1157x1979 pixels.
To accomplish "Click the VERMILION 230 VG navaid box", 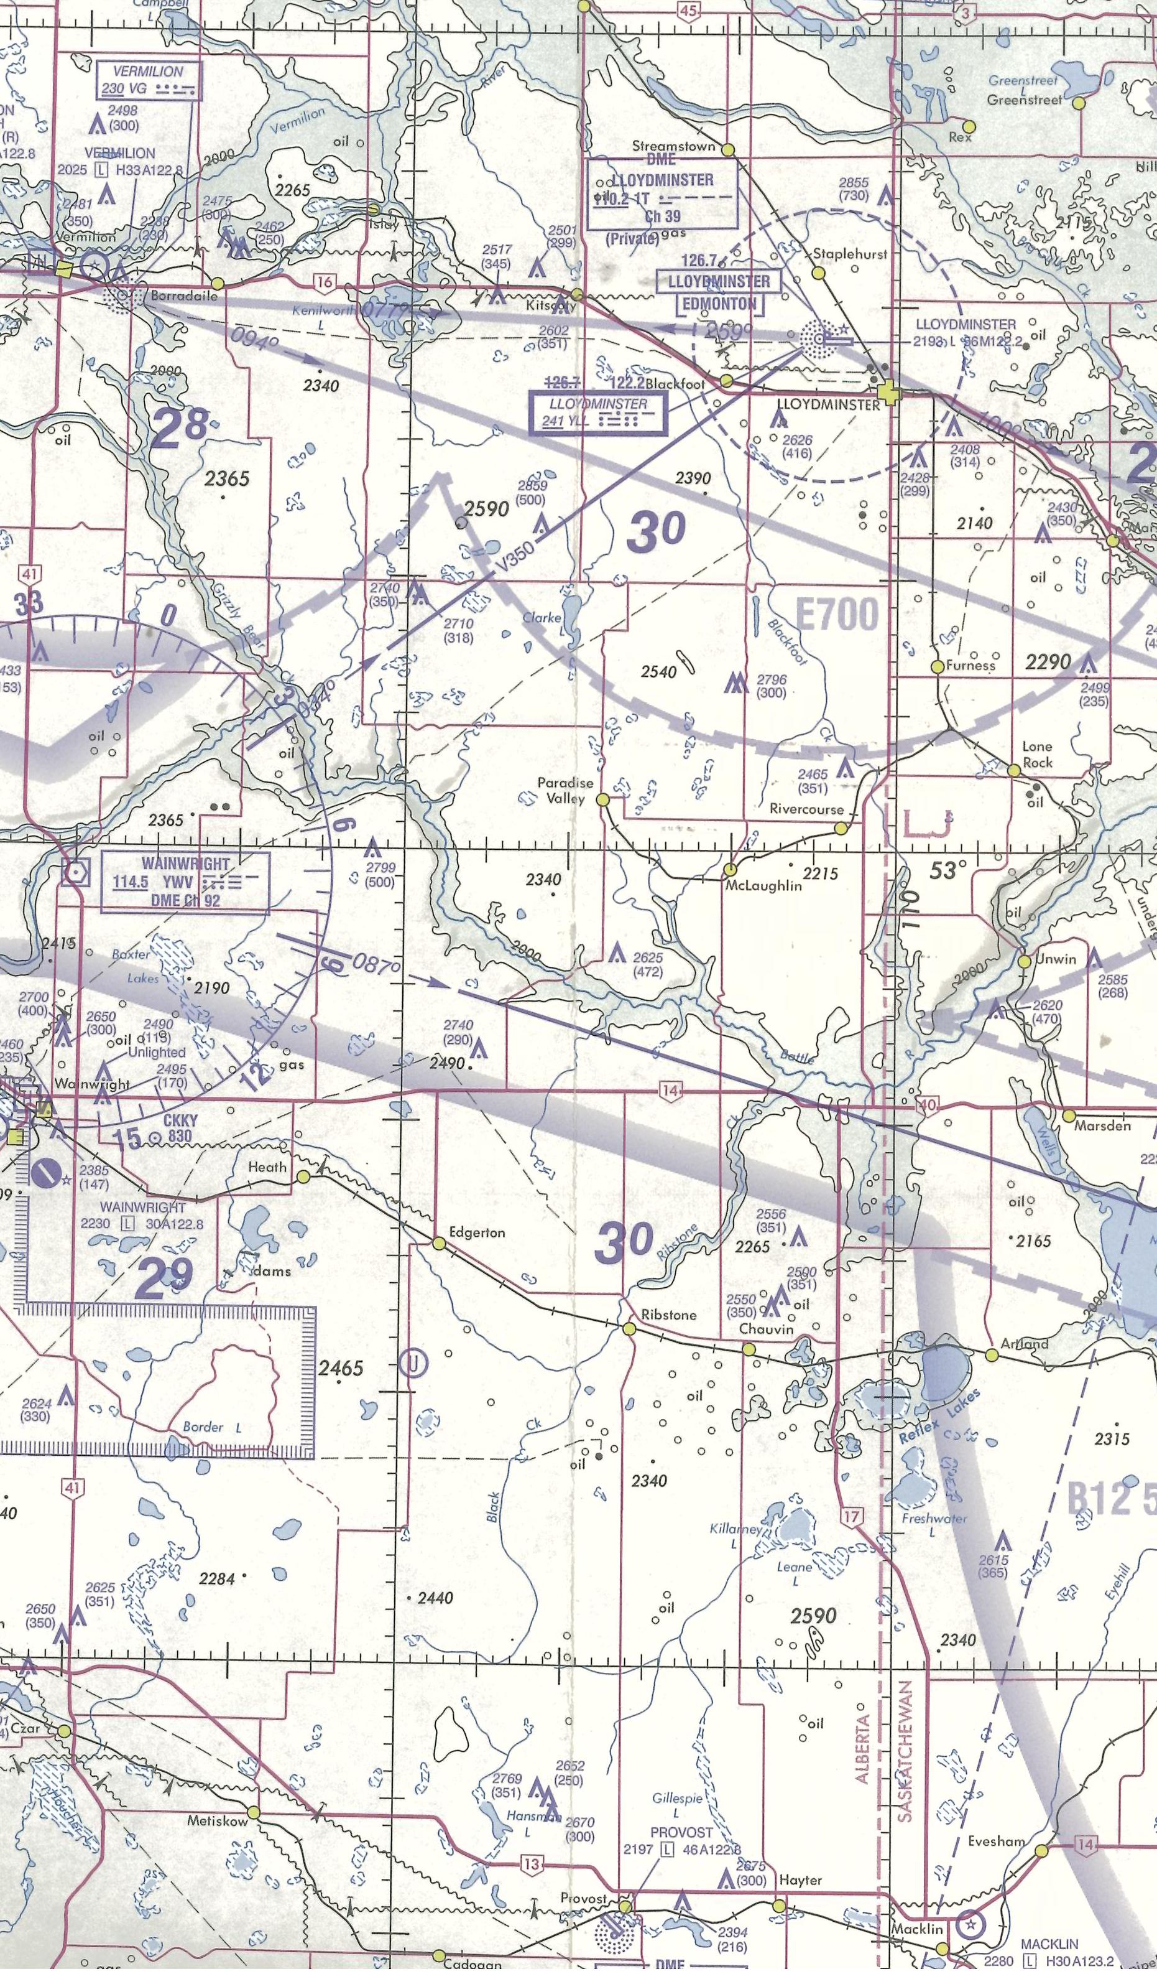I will click(150, 81).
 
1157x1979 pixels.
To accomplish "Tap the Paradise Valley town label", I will click(565, 791).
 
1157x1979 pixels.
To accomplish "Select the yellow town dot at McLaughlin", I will click(730, 869).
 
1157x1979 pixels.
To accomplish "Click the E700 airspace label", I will click(837, 615).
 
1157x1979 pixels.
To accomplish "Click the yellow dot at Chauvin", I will click(748, 1348).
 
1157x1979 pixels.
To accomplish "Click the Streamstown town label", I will click(675, 146).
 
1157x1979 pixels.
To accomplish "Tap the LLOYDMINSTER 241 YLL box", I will click(598, 411).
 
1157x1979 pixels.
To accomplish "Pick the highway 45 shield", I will click(688, 9).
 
